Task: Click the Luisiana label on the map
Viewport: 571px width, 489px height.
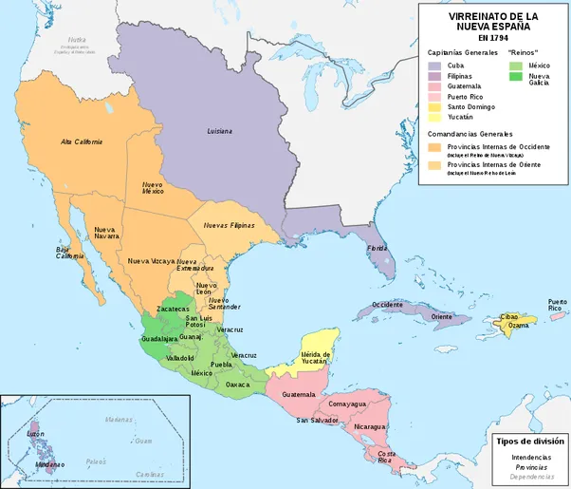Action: tap(220, 130)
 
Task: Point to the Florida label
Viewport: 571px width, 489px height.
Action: tap(378, 250)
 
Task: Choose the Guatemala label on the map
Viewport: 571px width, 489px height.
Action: tap(299, 394)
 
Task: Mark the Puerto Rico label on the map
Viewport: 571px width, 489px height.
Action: tap(558, 305)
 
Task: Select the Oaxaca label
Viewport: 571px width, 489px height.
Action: tap(238, 385)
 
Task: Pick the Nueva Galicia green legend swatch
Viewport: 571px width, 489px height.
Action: tap(516, 77)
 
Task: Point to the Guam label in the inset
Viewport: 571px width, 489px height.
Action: tap(143, 441)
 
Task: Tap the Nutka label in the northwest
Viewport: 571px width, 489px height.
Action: tap(76, 40)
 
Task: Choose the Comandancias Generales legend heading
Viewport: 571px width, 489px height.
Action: tap(477, 135)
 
